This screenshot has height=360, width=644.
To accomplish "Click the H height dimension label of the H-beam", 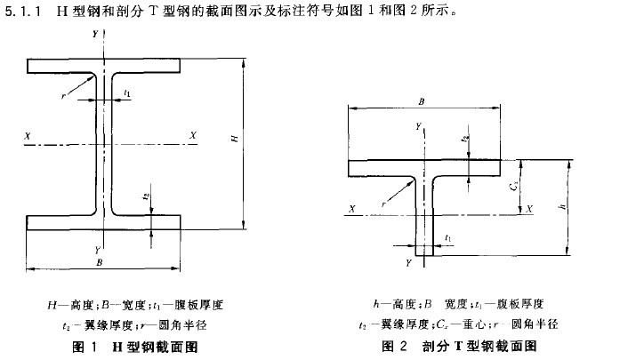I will [x=234, y=139].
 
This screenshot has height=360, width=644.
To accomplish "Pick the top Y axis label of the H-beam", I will [x=95, y=33].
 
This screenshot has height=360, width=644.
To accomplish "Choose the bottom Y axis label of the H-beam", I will [x=96, y=250].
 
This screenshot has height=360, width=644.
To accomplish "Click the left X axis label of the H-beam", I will [x=29, y=135].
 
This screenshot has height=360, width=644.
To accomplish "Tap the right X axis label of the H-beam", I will [x=193, y=135].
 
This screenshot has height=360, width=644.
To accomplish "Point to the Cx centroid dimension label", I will [x=513, y=187].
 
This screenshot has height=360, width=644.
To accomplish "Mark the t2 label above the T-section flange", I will [x=463, y=139].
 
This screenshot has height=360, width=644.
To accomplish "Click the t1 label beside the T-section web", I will [x=448, y=238].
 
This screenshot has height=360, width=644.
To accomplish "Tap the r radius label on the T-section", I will [x=382, y=203].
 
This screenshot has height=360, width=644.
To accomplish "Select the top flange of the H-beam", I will [x=105, y=66].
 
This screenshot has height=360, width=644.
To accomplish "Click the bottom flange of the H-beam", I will [x=105, y=222].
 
